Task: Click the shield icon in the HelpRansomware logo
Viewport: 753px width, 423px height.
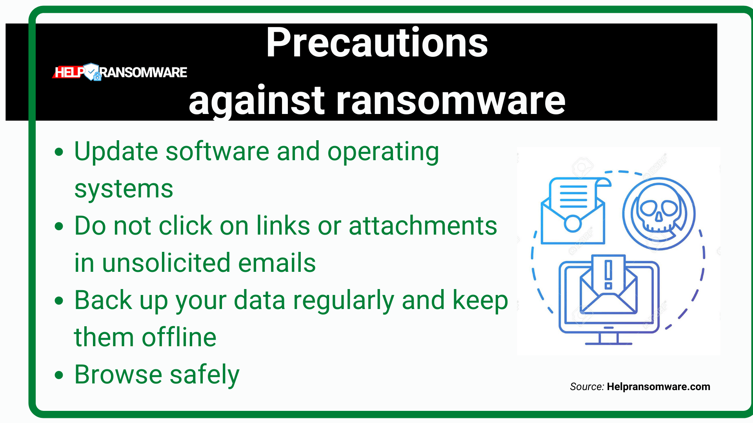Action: (92, 72)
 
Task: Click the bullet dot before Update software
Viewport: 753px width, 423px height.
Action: (59, 152)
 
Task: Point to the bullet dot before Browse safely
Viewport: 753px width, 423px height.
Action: (59, 375)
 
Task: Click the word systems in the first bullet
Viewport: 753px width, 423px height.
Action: (124, 190)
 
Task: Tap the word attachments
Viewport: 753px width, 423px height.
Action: (423, 226)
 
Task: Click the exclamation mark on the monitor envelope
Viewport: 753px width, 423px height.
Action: (608, 274)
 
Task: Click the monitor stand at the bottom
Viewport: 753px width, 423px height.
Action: (608, 338)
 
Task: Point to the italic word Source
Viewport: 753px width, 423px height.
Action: (586, 387)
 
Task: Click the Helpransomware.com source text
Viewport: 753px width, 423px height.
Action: (658, 387)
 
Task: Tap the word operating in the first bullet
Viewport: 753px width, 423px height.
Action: (383, 152)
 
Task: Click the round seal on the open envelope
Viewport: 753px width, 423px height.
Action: (573, 224)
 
